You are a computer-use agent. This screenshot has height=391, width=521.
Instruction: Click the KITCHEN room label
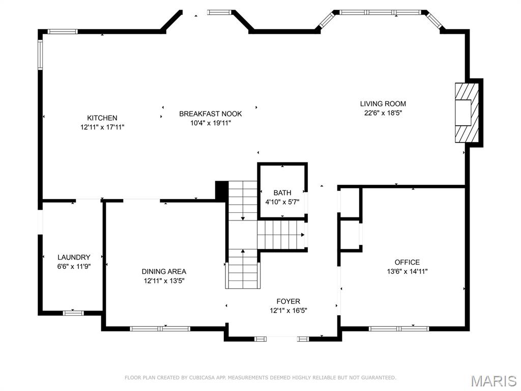click(x=102, y=118)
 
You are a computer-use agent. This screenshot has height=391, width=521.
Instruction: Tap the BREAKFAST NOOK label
click(x=210, y=114)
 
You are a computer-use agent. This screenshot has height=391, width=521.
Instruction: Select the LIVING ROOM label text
click(x=383, y=104)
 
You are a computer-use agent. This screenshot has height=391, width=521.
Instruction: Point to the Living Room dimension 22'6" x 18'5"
click(x=383, y=113)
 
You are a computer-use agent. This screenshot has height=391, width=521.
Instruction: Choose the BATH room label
click(x=282, y=193)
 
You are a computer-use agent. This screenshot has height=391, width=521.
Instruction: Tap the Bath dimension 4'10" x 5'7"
click(x=282, y=202)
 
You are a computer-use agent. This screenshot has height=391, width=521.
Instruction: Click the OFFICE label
click(x=407, y=262)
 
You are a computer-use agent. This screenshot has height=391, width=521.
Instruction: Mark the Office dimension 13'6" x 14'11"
click(x=407, y=271)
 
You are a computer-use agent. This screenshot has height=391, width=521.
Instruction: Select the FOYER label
click(x=288, y=301)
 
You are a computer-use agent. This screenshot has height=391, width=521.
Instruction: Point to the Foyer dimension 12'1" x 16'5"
click(x=288, y=311)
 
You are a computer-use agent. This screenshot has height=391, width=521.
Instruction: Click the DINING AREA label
click(x=164, y=271)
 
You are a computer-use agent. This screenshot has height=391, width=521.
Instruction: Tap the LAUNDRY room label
click(x=74, y=257)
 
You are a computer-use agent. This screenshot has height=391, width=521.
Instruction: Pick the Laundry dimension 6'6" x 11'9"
click(x=74, y=266)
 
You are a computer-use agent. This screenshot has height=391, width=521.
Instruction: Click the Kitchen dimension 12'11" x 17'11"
click(x=102, y=127)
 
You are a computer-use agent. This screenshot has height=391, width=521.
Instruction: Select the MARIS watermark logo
click(x=494, y=381)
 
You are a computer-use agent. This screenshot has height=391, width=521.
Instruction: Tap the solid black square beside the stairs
click(x=221, y=190)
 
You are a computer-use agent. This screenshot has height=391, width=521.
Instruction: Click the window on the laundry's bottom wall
click(x=73, y=313)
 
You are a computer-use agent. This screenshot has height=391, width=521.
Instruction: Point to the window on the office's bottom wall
click(x=399, y=329)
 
